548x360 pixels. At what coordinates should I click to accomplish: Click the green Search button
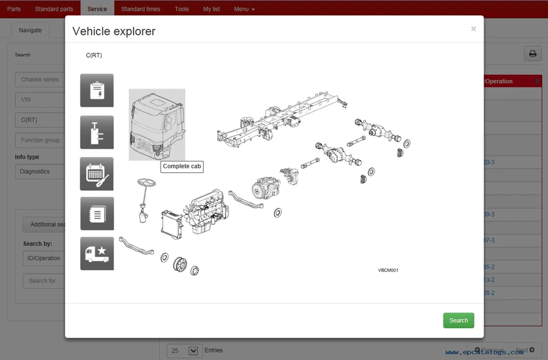(458, 320)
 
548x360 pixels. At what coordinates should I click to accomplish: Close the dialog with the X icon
(473, 29)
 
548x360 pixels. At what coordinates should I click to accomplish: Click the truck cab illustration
(156, 124)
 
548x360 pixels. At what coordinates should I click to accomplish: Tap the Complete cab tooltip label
(182, 167)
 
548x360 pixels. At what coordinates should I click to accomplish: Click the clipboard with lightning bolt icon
(96, 90)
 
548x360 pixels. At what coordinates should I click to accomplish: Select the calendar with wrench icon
(96, 173)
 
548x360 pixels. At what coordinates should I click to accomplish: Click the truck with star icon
(96, 253)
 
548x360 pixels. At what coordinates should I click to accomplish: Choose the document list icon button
(96, 213)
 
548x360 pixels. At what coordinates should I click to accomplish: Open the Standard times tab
(140, 9)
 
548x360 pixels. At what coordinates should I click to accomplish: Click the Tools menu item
(182, 9)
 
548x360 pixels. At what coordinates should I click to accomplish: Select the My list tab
(211, 9)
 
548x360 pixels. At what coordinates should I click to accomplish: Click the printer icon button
(532, 54)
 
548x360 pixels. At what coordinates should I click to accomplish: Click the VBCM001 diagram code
(388, 270)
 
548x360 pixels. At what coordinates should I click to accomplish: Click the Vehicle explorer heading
(114, 31)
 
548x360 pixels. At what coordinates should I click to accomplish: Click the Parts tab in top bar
(14, 9)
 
